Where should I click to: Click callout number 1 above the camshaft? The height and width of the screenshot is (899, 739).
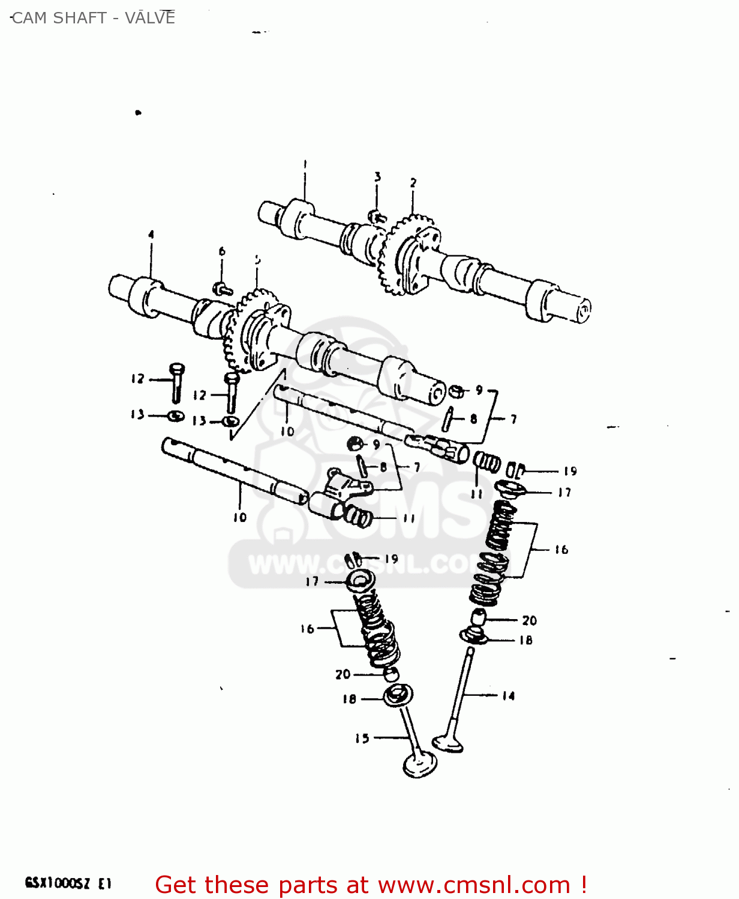point(305,164)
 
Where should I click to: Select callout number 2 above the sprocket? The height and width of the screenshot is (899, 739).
point(413,183)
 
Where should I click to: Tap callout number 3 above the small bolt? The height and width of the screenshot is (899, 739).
point(377,177)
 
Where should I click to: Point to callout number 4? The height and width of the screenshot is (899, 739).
point(151,234)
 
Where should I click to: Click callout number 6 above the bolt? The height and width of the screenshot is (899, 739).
point(222,251)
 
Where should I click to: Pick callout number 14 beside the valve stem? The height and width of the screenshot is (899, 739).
point(508,696)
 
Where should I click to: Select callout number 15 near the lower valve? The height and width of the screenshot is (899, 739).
point(362,738)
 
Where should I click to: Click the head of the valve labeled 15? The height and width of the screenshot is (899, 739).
point(420,764)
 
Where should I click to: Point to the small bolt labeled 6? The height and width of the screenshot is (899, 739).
point(223,289)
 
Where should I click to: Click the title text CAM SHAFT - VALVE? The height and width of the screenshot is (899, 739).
point(93,18)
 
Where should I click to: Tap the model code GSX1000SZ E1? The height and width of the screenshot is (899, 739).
point(68,883)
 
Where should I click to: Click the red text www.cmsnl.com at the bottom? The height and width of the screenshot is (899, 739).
point(474,885)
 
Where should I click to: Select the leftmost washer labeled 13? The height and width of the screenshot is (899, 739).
point(175,416)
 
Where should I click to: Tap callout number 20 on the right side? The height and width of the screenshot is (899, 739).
point(529,620)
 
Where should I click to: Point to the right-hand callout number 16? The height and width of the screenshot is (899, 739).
point(561,549)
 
